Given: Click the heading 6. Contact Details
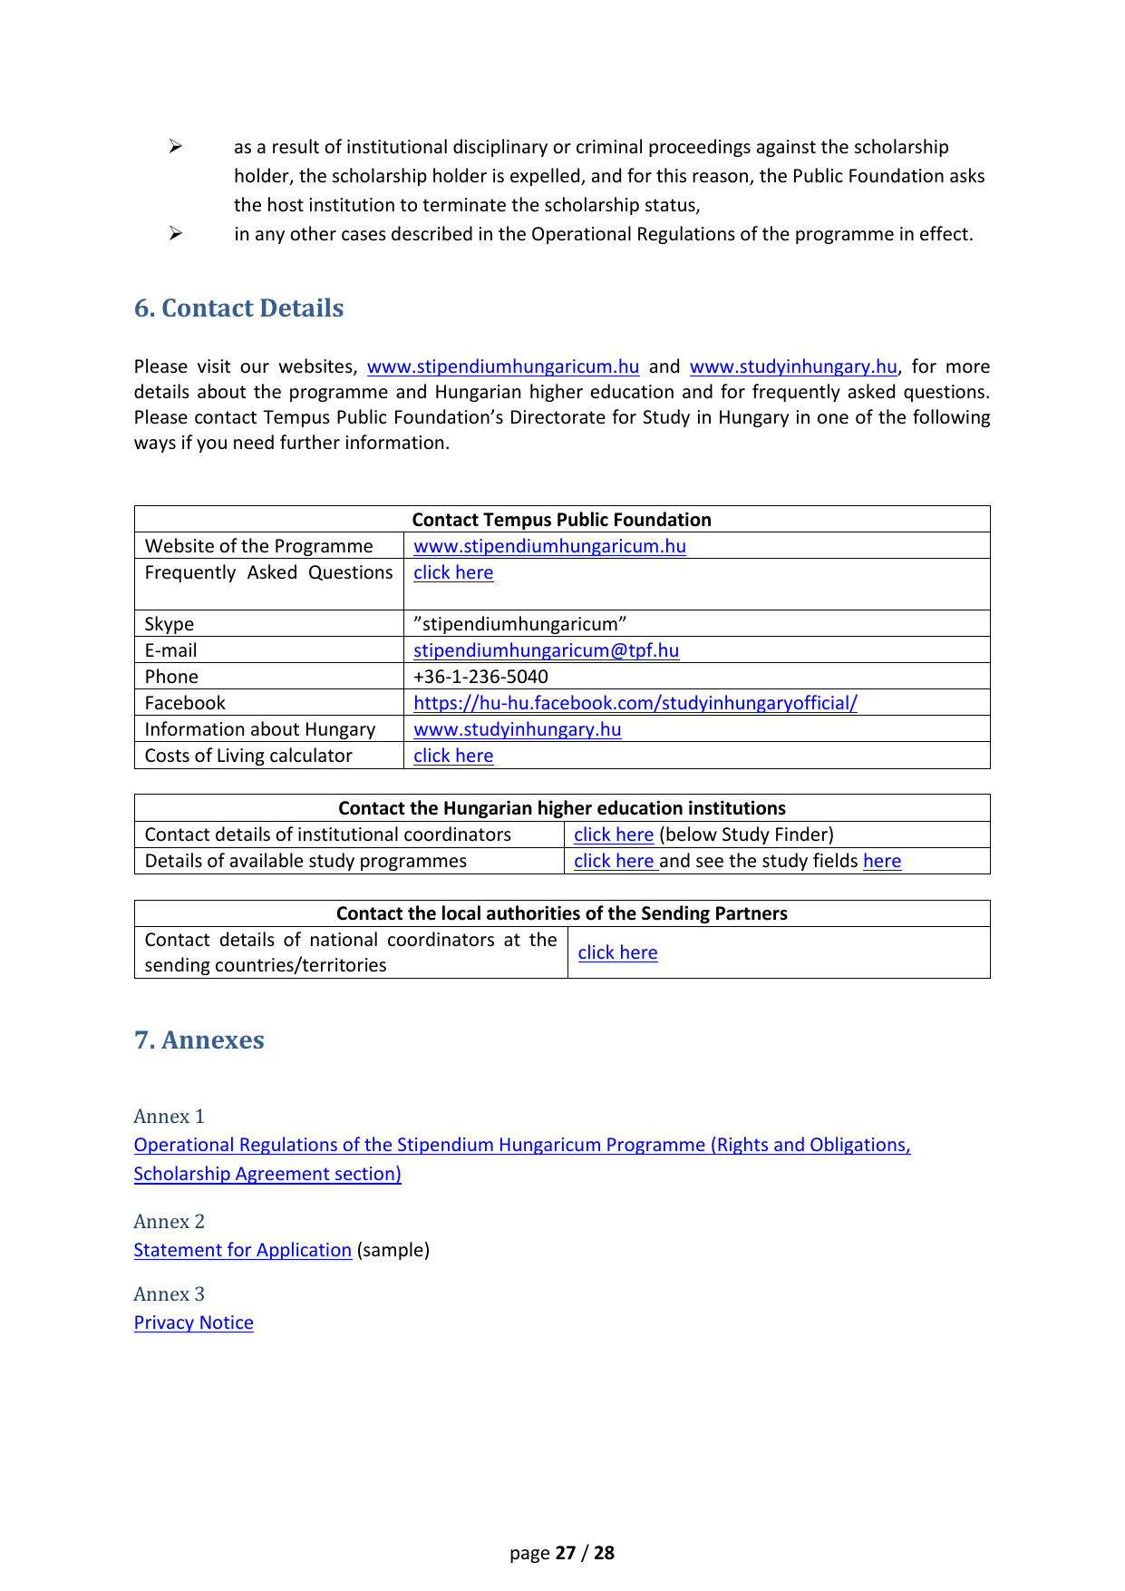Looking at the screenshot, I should tap(238, 308).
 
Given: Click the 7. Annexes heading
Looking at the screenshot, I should tap(199, 1040).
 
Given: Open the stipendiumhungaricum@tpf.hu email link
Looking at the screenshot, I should tap(546, 650).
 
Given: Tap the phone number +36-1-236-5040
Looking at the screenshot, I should tap(480, 677).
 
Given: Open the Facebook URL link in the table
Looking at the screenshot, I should tap(635, 703).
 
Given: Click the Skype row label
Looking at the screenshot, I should tap(170, 624).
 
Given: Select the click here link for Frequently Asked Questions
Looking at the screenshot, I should tap(453, 572).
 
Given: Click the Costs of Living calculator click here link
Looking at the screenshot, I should tap(453, 756).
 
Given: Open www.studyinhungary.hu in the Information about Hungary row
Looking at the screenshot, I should tap(517, 729).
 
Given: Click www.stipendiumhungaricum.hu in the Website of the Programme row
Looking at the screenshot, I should tap(549, 546).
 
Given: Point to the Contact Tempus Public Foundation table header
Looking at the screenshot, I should tap(561, 520).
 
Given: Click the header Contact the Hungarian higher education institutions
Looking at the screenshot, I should tap(561, 808).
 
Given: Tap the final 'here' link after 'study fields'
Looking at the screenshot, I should tap(881, 861).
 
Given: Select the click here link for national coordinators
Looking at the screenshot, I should tap(617, 952).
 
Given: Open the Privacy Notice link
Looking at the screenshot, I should tap(193, 1323).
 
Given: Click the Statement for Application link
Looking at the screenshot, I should tap(242, 1250).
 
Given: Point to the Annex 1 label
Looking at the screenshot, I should tap(169, 1116).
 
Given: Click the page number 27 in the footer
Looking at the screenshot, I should tap(566, 1553).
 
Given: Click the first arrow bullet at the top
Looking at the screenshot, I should tap(176, 147).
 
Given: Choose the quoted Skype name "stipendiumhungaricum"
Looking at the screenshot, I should tap(519, 624).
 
